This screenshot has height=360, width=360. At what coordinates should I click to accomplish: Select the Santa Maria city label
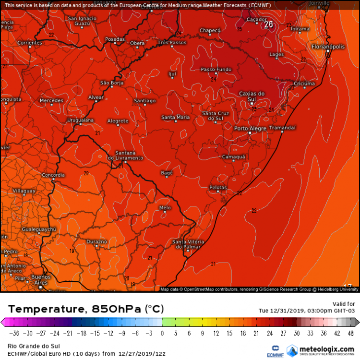(x=175, y=117)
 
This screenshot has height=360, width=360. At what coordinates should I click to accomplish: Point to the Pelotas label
(x=218, y=187)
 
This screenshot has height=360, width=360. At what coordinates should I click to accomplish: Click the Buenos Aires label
(x=41, y=280)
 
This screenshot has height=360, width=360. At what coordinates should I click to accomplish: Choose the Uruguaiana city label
(x=80, y=120)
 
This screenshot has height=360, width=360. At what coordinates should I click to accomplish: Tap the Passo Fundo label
(x=216, y=70)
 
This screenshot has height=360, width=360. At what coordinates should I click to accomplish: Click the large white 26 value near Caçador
(x=269, y=24)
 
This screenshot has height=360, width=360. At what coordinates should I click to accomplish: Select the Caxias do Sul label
(x=252, y=96)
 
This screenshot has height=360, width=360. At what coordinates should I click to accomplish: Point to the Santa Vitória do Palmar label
(x=188, y=244)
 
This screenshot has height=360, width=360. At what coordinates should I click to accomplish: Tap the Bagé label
(x=166, y=173)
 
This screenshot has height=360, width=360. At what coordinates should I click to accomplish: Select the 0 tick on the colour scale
(x=162, y=333)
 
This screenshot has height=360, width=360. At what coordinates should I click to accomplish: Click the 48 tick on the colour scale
(x=350, y=333)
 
